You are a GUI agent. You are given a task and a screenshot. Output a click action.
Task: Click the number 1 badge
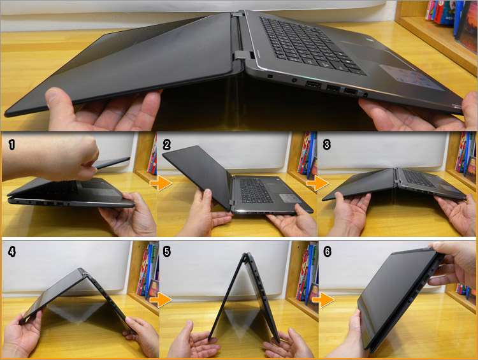[11, 144]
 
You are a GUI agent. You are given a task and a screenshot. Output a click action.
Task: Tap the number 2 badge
[167, 144]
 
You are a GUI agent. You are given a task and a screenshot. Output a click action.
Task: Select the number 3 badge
[327, 144]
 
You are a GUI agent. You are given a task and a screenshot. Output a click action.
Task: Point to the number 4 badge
[11, 251]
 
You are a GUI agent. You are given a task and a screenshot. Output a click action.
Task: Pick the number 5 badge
[167, 251]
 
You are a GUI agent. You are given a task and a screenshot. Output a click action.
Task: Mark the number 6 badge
[327, 251]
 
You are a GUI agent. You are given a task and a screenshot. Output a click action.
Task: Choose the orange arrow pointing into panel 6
[328, 298]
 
